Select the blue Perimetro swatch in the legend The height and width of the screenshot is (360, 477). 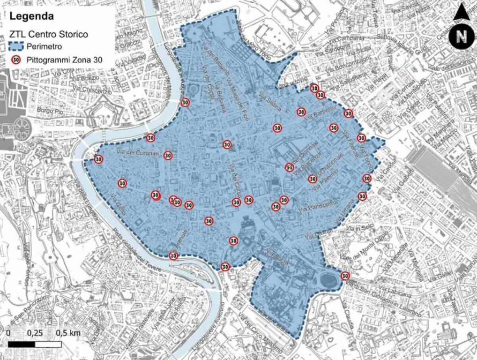coord(17,46)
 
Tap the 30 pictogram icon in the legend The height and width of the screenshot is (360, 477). coord(17,60)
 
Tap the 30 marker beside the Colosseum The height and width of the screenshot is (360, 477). coord(345,276)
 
